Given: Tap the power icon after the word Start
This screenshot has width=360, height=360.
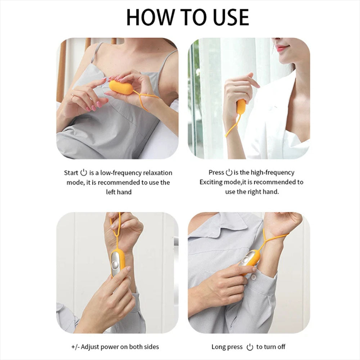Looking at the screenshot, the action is click(84, 172).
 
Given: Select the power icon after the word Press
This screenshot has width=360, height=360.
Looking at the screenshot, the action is click(229, 172).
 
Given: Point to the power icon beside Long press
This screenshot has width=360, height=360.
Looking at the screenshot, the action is click(250, 347).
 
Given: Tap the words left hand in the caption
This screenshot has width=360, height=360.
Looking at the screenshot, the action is click(119, 192).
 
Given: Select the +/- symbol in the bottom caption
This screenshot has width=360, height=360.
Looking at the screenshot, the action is click(75, 347).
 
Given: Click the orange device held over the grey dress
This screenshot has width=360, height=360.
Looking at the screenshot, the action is click(121, 87).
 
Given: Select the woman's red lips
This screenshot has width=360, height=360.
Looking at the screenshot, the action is click(282, 48).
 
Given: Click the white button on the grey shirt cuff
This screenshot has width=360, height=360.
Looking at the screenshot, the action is click(253, 277).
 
